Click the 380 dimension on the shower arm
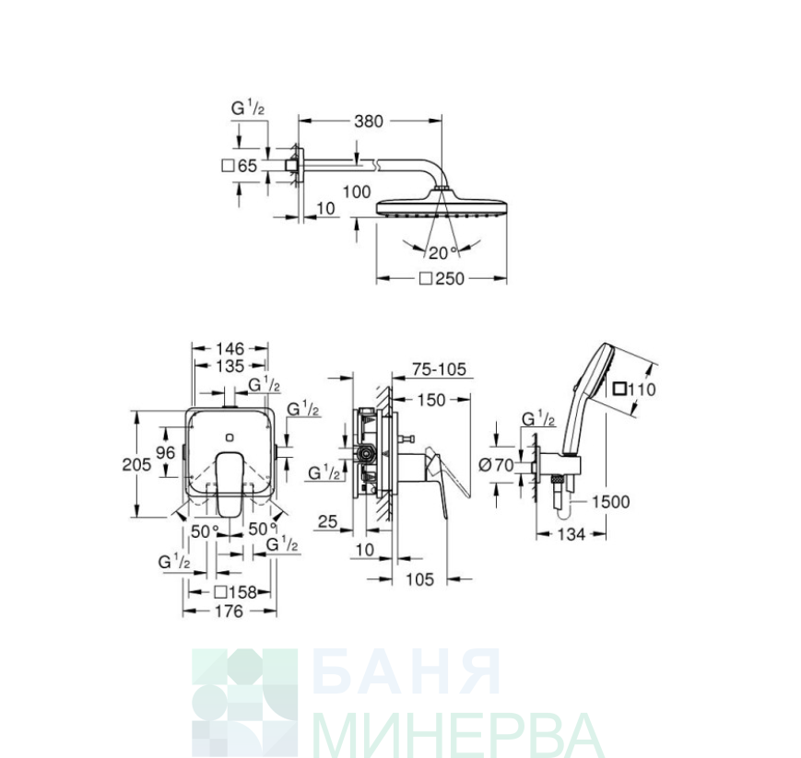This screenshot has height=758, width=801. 369,122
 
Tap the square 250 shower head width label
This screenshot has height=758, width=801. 442,279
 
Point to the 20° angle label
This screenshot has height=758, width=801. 442,252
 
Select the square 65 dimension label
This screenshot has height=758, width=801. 240,166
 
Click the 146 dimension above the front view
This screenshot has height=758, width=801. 230,349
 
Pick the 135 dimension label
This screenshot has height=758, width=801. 230,366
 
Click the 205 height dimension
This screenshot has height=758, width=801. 136,464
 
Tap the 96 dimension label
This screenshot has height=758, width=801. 166,453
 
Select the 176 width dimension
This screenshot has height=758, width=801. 229,611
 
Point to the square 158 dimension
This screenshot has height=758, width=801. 235,592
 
